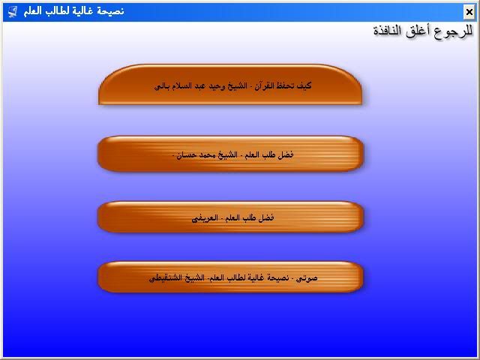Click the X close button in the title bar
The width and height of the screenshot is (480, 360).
[469, 12]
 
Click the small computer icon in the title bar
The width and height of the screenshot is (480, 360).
[12, 12]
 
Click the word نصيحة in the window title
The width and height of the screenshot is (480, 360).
[111, 11]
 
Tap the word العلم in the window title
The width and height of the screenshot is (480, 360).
[32, 10]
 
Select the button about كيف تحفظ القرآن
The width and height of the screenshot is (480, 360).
[230, 85]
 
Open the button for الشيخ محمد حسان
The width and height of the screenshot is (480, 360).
[230, 154]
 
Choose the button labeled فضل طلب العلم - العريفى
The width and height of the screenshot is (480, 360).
[230, 217]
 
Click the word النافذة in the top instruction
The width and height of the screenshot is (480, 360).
[387, 31]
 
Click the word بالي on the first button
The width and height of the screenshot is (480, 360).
[162, 86]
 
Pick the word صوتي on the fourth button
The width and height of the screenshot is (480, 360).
[307, 278]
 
